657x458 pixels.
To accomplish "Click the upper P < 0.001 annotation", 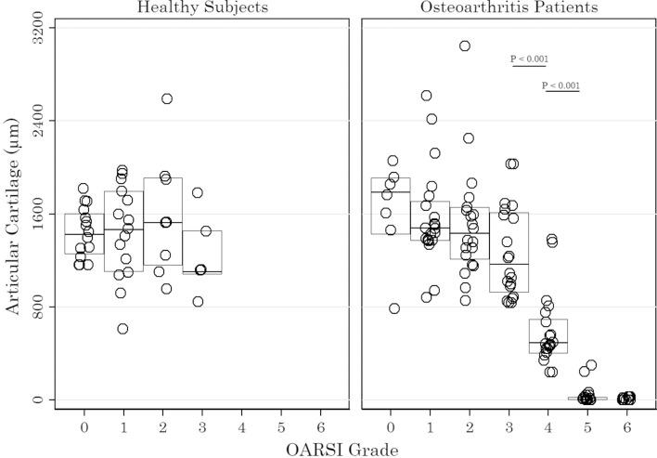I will [x=529, y=59].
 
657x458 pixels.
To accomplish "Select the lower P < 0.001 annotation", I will [x=560, y=86].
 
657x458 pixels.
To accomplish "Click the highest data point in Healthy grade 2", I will [x=167, y=98].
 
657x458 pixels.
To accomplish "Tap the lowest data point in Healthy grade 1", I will [x=122, y=329].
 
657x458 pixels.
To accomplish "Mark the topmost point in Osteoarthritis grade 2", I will [x=465, y=46].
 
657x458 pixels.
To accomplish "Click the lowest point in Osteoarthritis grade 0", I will [x=394, y=308].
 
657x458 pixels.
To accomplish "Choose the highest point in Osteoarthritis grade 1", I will [x=427, y=96].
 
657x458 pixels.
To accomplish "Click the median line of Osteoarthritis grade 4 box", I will [x=547, y=343].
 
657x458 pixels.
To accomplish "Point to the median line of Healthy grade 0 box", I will [x=84, y=234].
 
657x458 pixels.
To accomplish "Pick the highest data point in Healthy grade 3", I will [x=198, y=193].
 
